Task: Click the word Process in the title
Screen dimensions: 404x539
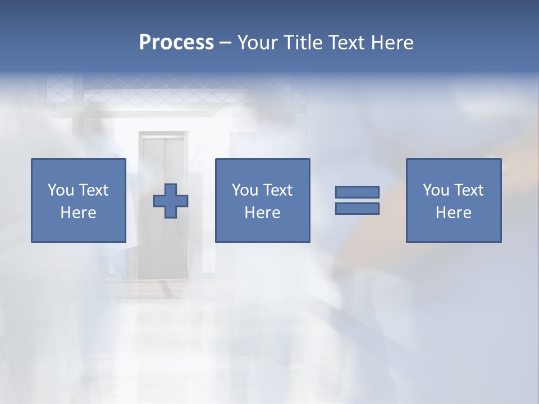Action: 176,43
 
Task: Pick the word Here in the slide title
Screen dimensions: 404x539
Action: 393,43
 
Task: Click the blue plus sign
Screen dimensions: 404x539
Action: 171,201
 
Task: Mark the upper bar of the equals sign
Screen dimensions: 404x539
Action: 357,192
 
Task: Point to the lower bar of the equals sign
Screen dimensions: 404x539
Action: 357,209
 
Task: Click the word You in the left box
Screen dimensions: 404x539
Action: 60,190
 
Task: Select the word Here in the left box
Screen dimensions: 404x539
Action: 78,213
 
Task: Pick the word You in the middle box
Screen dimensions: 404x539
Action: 244,190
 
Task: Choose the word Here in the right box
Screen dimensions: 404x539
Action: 453,213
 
